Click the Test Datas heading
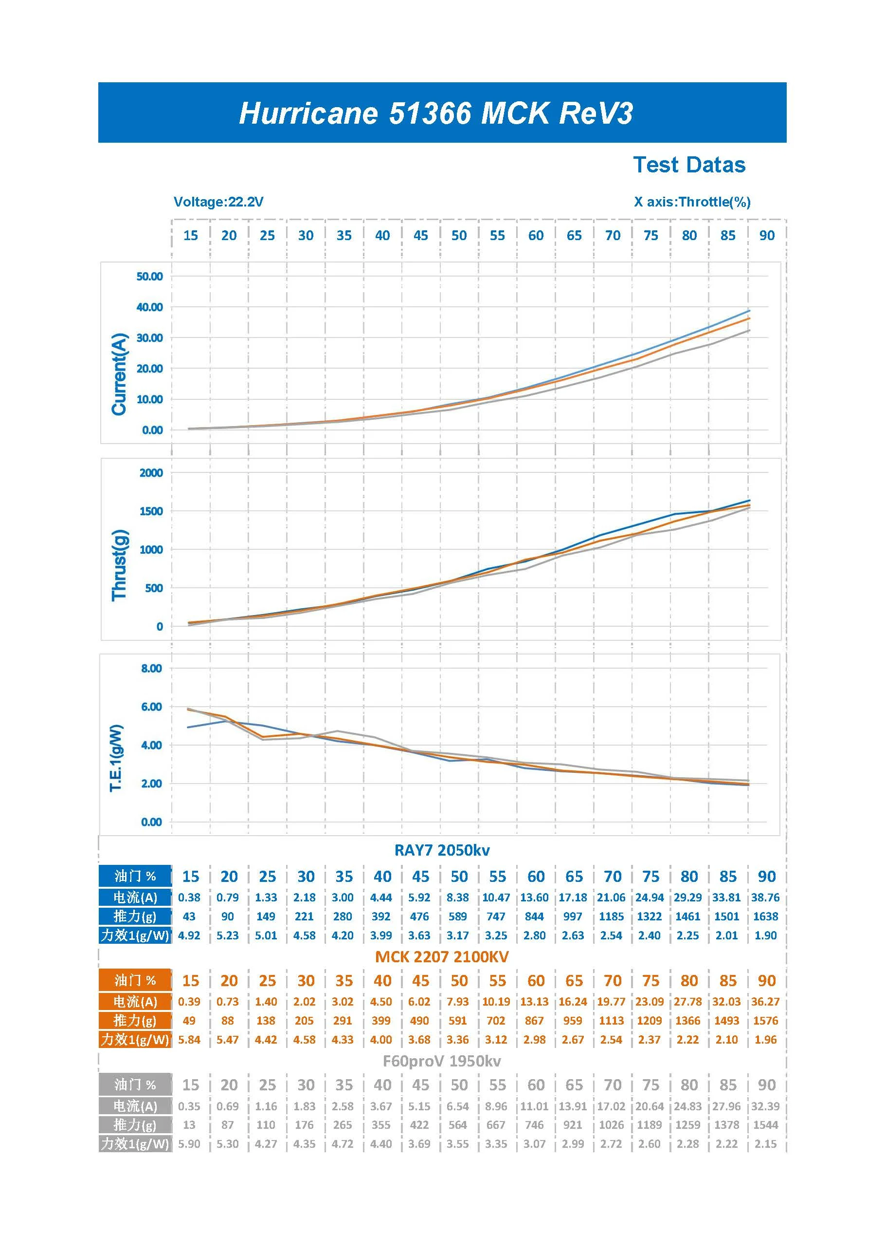pyautogui.click(x=689, y=165)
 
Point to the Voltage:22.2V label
pyautogui.click(x=218, y=202)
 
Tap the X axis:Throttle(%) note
pyautogui.click(x=692, y=202)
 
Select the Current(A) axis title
pyautogui.click(x=119, y=374)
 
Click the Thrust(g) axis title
pyautogui.click(x=119, y=565)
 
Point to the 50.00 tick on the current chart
pyautogui.click(x=150, y=276)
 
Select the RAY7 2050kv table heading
pyautogui.click(x=442, y=850)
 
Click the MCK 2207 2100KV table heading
pyautogui.click(x=442, y=956)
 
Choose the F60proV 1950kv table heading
pyautogui.click(x=442, y=1061)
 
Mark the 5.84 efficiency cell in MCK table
pyautogui.click(x=189, y=1040)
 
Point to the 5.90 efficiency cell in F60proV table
pyautogui.click(x=189, y=1144)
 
